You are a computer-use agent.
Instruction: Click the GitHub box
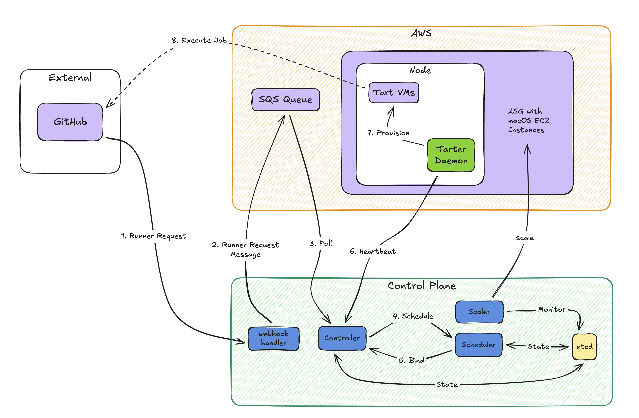point(70,122)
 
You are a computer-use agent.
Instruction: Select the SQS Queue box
point(285,100)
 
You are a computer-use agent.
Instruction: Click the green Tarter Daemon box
point(451,155)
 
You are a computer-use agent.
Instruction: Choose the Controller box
point(342,338)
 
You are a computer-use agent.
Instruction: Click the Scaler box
point(479,312)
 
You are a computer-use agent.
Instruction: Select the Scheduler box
point(479,345)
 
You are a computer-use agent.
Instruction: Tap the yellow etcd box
point(584,347)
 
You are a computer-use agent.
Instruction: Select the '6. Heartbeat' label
point(372,251)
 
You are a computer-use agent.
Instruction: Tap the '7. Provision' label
point(388,133)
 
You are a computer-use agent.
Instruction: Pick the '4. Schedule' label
point(413,316)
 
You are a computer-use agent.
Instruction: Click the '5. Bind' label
point(411,360)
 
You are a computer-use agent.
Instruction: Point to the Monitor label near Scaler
point(552,310)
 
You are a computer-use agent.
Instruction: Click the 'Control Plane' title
point(421,286)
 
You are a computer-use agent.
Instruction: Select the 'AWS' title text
point(421,33)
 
